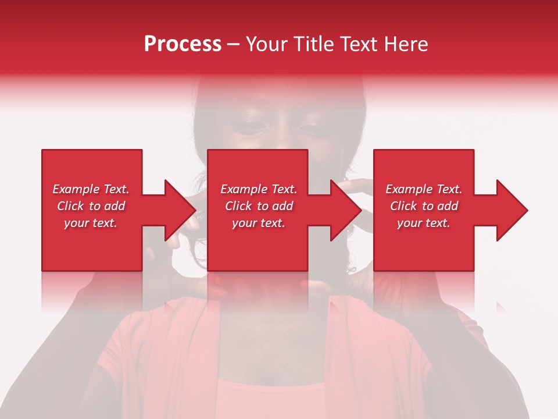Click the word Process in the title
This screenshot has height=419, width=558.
coord(183,44)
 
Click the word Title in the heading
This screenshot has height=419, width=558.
coord(311,44)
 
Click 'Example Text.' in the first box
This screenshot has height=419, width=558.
coord(91,189)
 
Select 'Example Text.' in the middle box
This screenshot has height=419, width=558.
coord(259,189)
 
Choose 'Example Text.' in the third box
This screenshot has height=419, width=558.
coord(424,189)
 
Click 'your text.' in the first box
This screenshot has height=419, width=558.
coord(91,223)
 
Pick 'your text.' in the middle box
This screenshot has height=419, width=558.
coord(259,223)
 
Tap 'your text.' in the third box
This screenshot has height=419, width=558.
coord(424,223)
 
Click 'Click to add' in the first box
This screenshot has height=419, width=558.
coord(91,206)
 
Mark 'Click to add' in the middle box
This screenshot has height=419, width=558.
coord(259,206)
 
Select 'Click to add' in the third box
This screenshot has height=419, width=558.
coord(424,206)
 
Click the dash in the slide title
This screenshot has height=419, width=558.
coord(234,45)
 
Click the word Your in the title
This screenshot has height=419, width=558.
coord(265,44)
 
